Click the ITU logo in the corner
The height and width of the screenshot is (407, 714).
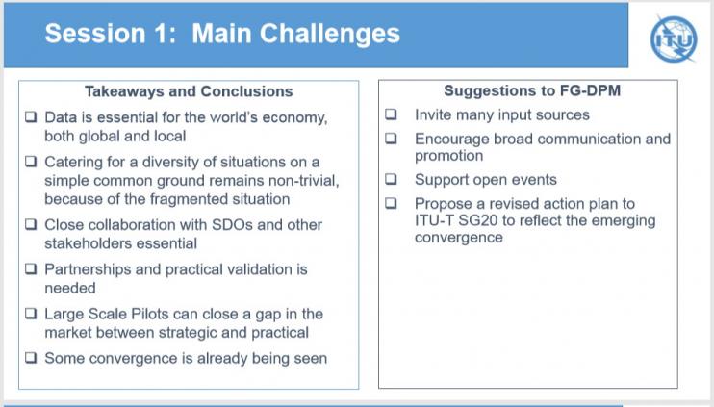(674, 39)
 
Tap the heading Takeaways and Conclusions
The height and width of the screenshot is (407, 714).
(189, 91)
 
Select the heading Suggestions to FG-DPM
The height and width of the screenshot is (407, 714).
(532, 90)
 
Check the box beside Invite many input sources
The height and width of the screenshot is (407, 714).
(391, 114)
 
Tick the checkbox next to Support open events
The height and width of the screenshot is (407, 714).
(391, 178)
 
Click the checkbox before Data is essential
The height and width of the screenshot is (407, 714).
(31, 116)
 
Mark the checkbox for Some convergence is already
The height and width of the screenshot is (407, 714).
(31, 357)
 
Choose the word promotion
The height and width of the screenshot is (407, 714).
(448, 156)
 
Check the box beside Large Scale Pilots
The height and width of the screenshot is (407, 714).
(31, 314)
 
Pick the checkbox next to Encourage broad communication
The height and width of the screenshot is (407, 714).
(391, 138)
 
